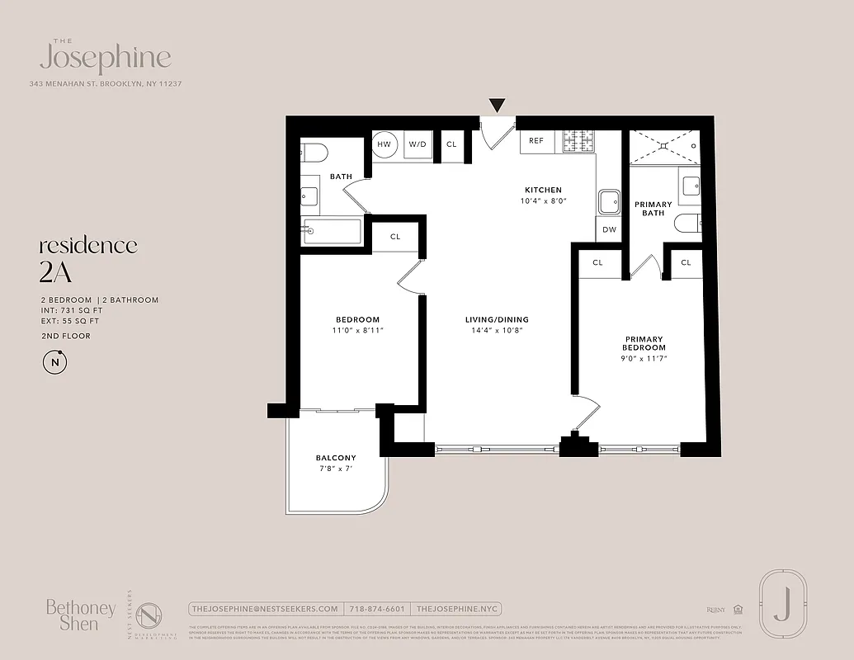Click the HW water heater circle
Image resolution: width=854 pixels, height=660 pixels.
(384, 144)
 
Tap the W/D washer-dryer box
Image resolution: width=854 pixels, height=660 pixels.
(418, 144)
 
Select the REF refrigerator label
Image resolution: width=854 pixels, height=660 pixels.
(536, 141)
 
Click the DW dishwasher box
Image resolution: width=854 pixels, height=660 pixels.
(609, 230)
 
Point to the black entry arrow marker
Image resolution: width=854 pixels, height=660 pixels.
(497, 106)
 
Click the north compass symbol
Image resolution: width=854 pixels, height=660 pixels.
(54, 362)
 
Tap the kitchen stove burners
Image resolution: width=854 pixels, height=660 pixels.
(579, 141)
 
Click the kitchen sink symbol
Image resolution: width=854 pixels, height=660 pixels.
(610, 201)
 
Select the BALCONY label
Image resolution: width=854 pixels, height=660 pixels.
(336, 458)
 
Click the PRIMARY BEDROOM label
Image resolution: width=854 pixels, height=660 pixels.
(644, 343)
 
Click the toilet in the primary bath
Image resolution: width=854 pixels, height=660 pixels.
(687, 224)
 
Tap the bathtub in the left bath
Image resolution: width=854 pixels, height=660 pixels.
(331, 231)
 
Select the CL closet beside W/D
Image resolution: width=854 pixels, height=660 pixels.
(451, 144)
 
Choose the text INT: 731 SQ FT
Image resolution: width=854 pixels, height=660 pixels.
(70, 310)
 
